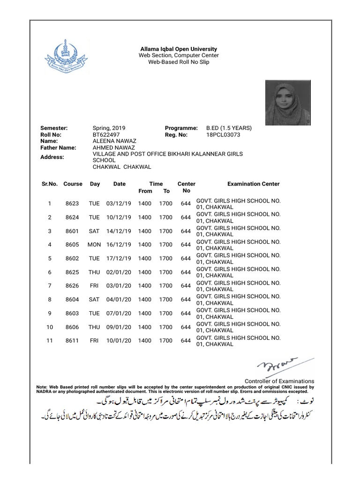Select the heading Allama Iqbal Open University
tap(179, 49)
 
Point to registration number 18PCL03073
tap(223, 134)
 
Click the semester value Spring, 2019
tap(109, 128)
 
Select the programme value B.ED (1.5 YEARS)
tap(229, 128)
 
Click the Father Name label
tap(58, 147)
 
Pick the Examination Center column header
tap(253, 184)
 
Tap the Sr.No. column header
tap(49, 184)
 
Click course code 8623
tap(72, 204)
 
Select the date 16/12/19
tap(119, 245)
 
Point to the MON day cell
tap(94, 245)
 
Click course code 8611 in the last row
tap(72, 341)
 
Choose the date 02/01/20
tap(119, 272)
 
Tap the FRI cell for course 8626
tap(95, 286)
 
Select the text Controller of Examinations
tap(279, 381)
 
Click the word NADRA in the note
tap(45, 391)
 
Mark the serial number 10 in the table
tap(49, 327)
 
